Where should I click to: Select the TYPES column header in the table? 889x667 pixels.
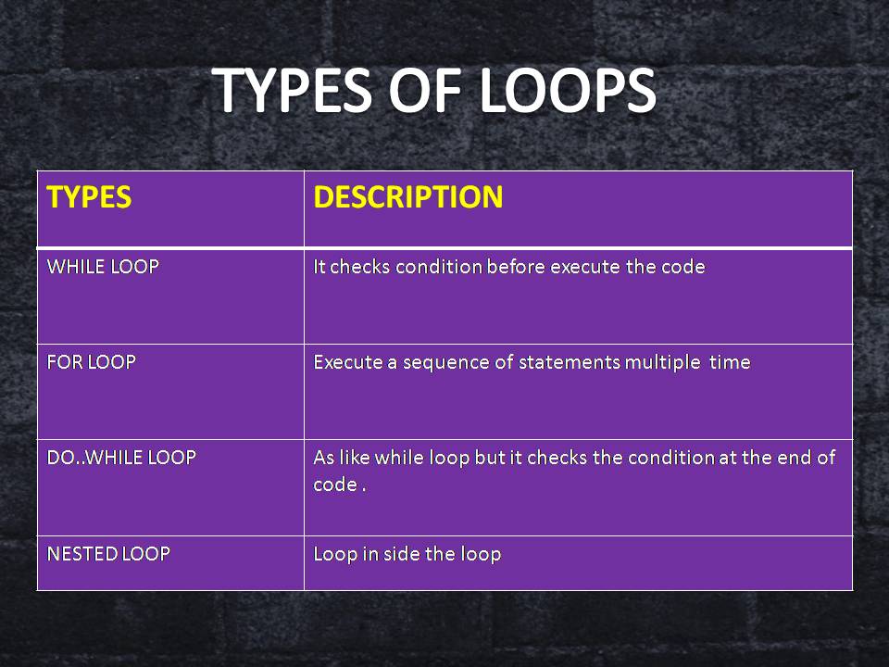[x=89, y=197]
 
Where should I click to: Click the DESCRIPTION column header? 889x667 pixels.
[x=408, y=197]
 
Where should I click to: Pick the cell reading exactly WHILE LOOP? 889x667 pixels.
[x=103, y=267]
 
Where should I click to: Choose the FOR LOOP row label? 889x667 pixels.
[x=92, y=362]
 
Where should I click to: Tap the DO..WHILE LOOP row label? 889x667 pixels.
[x=121, y=458]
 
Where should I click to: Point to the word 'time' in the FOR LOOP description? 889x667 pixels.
[x=730, y=362]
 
